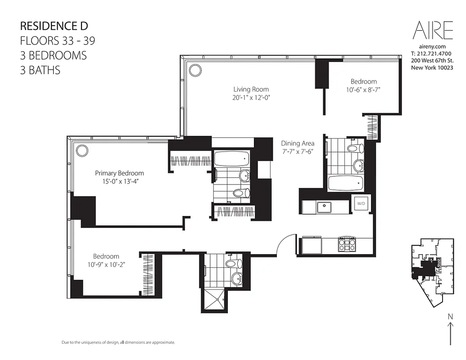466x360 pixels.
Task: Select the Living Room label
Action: pyautogui.click(x=251, y=89)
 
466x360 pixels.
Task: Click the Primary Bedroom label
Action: pyautogui.click(x=119, y=173)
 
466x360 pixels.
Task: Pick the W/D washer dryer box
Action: pyautogui.click(x=361, y=203)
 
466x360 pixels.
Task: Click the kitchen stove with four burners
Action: pyautogui.click(x=347, y=244)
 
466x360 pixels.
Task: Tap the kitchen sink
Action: pyautogui.click(x=324, y=207)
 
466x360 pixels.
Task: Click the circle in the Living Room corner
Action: pyautogui.click(x=195, y=70)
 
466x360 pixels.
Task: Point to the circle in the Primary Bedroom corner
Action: pyautogui.click(x=81, y=150)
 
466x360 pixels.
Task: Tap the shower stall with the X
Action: pyautogui.click(x=214, y=301)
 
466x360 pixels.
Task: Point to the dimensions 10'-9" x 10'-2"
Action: pyautogui.click(x=106, y=265)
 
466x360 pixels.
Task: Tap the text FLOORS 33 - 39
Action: pyautogui.click(x=58, y=40)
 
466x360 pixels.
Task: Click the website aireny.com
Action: pyautogui.click(x=432, y=46)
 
